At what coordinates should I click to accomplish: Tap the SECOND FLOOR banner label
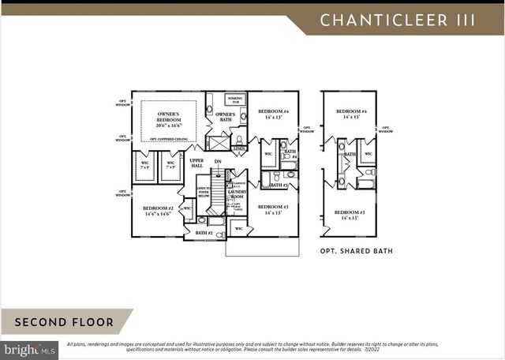[63, 322]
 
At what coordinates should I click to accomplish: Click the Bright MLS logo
[29, 348]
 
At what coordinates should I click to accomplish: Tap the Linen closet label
[239, 148]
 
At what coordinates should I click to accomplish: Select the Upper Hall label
[196, 163]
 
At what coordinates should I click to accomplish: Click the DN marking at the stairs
[218, 162]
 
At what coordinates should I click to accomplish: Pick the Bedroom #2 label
[158, 211]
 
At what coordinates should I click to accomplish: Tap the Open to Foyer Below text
[203, 193]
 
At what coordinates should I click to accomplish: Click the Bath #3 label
[277, 185]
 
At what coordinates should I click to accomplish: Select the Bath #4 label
[290, 154]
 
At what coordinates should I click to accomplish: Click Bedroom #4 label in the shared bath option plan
[350, 114]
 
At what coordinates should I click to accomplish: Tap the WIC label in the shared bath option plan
[368, 154]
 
